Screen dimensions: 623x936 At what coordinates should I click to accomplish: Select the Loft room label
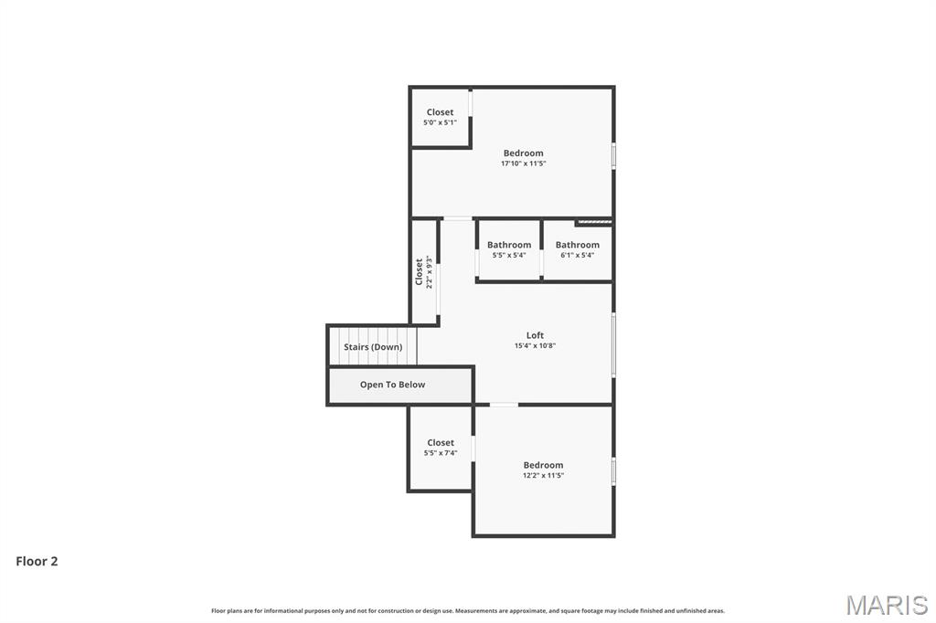[535, 335]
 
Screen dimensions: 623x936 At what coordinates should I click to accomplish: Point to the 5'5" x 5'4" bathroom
[508, 249]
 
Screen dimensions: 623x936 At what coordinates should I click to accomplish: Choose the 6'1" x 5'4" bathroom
[578, 249]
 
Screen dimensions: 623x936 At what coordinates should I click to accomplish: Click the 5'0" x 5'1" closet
[440, 117]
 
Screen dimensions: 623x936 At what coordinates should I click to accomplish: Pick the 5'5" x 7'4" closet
[440, 448]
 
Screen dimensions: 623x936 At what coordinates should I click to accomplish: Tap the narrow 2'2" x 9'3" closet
[423, 272]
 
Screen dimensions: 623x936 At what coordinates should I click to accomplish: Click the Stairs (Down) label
[373, 347]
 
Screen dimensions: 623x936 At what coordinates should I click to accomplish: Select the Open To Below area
[392, 385]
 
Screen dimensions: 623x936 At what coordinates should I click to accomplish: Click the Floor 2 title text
[37, 562]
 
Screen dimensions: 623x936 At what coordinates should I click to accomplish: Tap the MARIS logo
[886, 605]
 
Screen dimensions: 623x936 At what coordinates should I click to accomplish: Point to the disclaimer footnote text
[468, 610]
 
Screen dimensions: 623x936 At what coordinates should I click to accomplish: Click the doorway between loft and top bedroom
[457, 218]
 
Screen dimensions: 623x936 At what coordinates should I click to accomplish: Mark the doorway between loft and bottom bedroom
[504, 405]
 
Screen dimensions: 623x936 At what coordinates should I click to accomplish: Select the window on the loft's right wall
[613, 344]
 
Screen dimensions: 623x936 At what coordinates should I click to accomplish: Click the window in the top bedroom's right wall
[613, 154]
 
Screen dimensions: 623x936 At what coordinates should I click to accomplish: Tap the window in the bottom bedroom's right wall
[613, 471]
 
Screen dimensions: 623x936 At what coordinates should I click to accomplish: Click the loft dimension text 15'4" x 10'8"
[535, 346]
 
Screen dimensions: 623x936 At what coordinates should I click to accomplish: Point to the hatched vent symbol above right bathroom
[593, 221]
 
